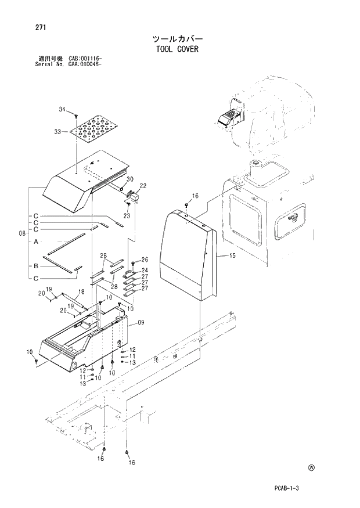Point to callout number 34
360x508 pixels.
pyautogui.click(x=62, y=109)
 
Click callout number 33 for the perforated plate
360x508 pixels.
pyautogui.click(x=57, y=132)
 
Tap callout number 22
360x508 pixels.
pyautogui.click(x=143, y=185)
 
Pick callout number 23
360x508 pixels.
pyautogui.click(x=127, y=215)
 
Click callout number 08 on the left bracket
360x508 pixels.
pyautogui.click(x=21, y=233)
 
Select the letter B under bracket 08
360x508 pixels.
pyautogui.click(x=36, y=265)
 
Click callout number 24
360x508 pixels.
pyautogui.click(x=145, y=270)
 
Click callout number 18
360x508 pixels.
pyautogui.click(x=81, y=291)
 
